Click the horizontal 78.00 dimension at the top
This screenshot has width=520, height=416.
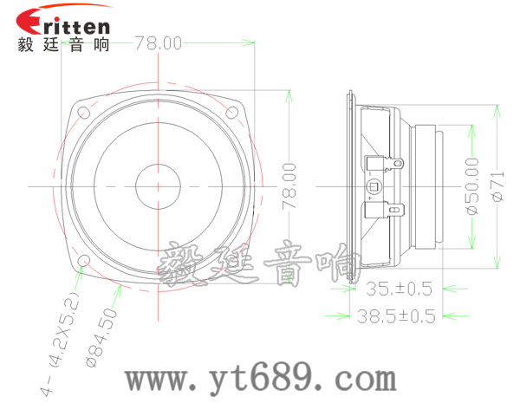coord(158,42)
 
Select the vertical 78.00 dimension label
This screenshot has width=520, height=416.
coord(289,185)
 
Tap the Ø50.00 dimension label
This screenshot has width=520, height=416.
coord(471,185)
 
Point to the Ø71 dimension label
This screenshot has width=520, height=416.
coord(497,185)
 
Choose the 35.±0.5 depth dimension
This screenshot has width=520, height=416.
coord(400,289)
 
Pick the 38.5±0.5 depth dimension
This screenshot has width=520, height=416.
coord(396,316)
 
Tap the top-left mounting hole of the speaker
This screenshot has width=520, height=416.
coord(84,112)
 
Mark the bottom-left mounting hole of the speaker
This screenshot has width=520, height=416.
coord(84,262)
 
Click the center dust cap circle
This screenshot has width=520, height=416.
coord(158,185)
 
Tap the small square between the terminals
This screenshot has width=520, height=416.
coord(374,186)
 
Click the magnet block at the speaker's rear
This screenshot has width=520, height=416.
coord(429,185)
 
